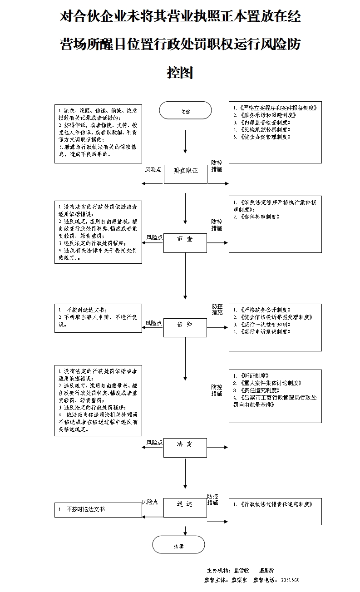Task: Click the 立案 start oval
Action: pyautogui.click(x=185, y=111)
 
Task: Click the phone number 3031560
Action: pyautogui.click(x=290, y=580)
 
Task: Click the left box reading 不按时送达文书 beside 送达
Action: pyautogui.click(x=98, y=509)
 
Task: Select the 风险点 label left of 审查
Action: pyautogui.click(x=154, y=237)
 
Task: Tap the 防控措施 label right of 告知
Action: pyautogui.click(x=217, y=309)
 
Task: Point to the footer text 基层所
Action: pyautogui.click(x=266, y=570)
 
